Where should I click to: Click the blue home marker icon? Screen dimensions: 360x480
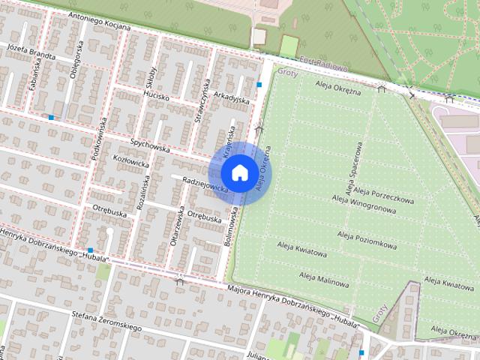[239, 172]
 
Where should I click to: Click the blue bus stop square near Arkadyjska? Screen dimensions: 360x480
[259, 85]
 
